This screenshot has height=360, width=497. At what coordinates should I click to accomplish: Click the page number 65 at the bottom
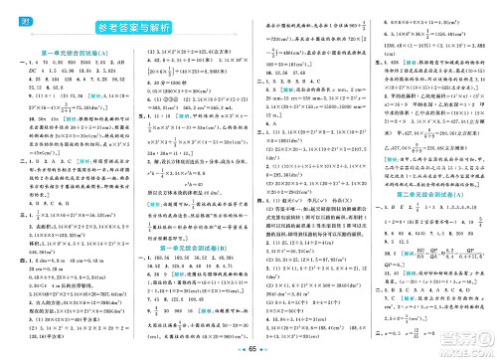[249, 350]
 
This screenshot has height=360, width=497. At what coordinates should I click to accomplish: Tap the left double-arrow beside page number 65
[234, 350]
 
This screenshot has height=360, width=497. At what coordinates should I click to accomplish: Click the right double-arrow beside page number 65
[265, 350]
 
